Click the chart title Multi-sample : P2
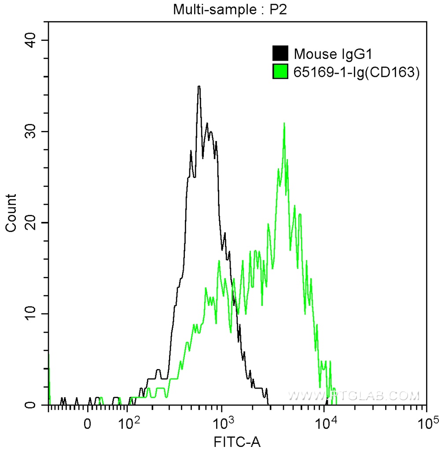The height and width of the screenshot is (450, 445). tap(230, 9)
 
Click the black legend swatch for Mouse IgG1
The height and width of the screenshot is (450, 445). tap(280, 54)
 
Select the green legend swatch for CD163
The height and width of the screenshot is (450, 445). tap(280, 72)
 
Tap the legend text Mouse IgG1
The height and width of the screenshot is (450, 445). tap(334, 54)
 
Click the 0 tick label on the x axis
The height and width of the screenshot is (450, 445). tap(88, 424)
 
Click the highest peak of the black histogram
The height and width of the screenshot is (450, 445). tap(199, 87)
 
